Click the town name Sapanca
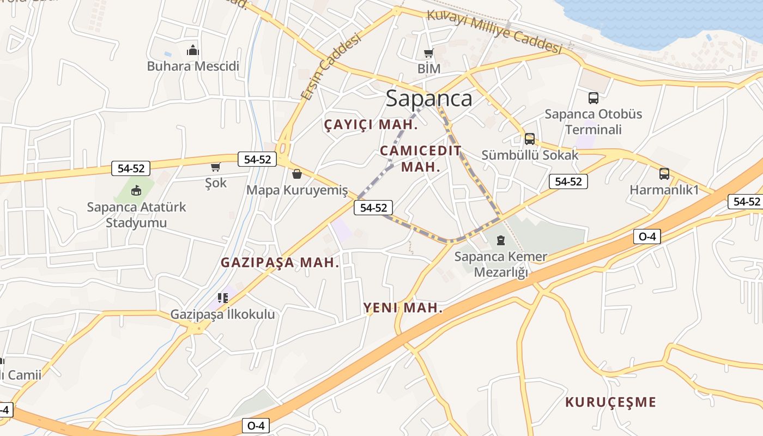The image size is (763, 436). (429, 99)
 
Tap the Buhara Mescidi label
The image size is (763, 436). (193, 66)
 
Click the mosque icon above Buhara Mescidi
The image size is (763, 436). (193, 51)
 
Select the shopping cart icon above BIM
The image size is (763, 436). (429, 53)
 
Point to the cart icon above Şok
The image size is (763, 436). (216, 167)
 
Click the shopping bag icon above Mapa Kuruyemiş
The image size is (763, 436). (297, 174)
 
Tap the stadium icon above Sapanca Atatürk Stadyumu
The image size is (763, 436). (136, 191)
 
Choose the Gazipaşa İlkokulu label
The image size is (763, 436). (223, 314)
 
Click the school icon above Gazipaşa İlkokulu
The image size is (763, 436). (223, 298)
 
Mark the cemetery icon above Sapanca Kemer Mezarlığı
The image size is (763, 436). (501, 240)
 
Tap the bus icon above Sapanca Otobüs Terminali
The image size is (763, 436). (594, 98)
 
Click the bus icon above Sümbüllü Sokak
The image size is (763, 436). (530, 138)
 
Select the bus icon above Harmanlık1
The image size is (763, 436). (664, 174)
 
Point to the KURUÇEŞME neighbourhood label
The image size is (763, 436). (610, 402)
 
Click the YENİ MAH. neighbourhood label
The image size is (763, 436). (403, 308)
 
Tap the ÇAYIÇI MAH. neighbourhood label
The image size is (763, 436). (371, 125)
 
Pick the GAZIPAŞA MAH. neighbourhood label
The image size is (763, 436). (280, 262)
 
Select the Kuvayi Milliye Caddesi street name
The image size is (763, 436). (494, 32)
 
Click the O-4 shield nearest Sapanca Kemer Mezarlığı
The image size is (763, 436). (647, 237)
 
